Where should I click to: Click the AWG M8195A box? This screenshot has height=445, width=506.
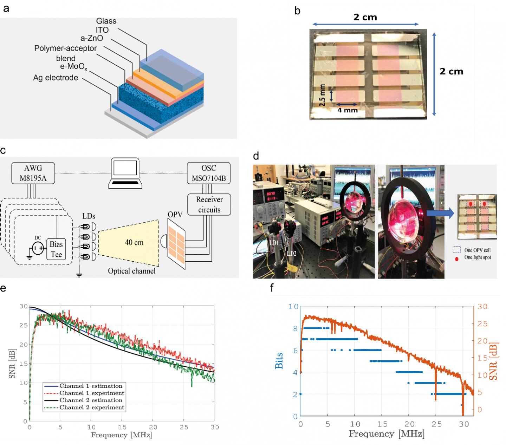[x=33, y=173]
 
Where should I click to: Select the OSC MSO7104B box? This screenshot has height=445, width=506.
[x=209, y=173]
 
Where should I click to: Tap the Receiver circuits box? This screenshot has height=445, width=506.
[x=209, y=204]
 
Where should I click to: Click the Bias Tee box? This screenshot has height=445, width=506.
[x=56, y=249]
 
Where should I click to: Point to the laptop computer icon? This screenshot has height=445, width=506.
[x=125, y=173]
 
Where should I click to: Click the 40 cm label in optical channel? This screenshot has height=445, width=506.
[x=134, y=242]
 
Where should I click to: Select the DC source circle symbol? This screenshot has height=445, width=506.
[x=38, y=248]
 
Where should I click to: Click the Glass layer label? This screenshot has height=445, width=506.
[x=106, y=21]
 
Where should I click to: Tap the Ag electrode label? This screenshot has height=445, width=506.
[x=56, y=78]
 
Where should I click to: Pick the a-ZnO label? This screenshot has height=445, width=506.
[x=92, y=38]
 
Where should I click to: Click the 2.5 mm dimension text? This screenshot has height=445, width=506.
[x=323, y=95]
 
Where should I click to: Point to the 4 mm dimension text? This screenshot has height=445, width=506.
[x=347, y=110]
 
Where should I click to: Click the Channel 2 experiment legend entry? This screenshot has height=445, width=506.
[x=92, y=407]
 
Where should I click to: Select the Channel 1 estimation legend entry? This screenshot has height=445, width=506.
[x=91, y=386]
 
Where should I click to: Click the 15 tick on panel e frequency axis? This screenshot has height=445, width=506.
[x=122, y=427]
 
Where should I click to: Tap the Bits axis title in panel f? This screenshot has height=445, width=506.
[x=279, y=361]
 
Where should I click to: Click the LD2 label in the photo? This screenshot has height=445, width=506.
[x=291, y=253]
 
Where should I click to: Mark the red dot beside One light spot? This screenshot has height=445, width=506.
[x=456, y=259]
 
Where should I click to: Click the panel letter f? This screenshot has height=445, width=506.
[x=272, y=288]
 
